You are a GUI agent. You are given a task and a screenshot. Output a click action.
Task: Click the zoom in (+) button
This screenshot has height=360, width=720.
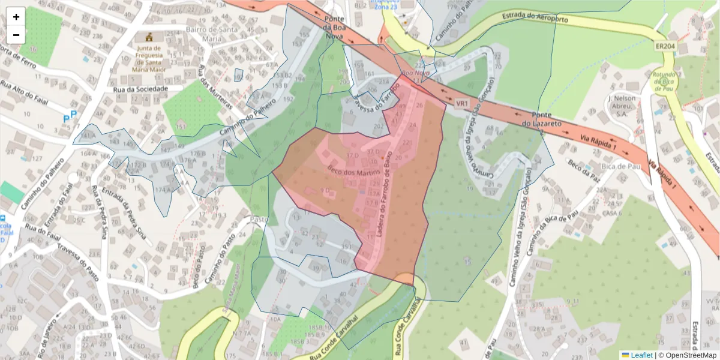(16, 17)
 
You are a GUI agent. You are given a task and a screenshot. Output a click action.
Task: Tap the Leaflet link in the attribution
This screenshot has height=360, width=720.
(641, 355)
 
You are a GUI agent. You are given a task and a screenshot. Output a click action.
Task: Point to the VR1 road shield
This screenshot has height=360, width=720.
(461, 104)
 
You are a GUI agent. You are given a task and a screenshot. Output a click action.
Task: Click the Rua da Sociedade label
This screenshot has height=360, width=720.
(140, 89)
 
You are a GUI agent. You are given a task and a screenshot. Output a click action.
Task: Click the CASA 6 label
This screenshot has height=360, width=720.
(612, 213)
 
